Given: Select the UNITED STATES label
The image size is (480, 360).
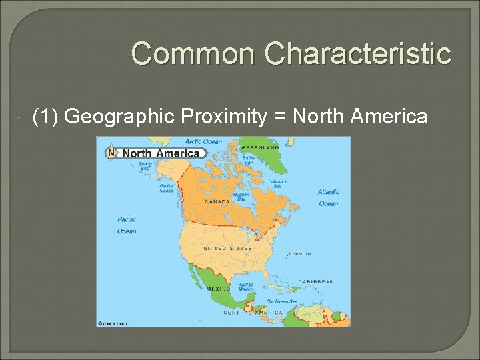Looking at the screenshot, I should click(x=227, y=248).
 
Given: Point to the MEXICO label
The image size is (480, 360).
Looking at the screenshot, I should click(x=219, y=289).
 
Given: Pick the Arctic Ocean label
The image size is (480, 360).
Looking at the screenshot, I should click(x=203, y=141).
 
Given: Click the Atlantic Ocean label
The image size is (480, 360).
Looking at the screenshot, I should click(x=328, y=197).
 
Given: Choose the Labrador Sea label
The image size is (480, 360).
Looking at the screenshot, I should click(x=277, y=183).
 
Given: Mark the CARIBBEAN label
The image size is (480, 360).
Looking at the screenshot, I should click(x=315, y=282).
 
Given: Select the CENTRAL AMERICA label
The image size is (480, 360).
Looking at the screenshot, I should click(x=253, y=312).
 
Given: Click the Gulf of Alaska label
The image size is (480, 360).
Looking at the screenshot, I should click(x=165, y=187).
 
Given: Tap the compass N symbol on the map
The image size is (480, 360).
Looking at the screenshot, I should click(x=111, y=153).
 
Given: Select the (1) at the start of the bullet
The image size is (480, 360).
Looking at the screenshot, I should click(x=45, y=117).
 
